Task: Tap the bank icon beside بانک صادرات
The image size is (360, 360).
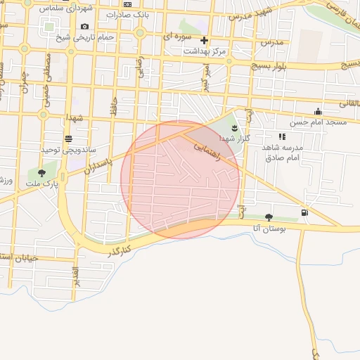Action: click(127, 4)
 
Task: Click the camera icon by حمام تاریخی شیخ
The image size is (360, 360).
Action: click(85, 27)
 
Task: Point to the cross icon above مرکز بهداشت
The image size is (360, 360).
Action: click(205, 40)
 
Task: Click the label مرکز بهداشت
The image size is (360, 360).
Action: click(205, 51)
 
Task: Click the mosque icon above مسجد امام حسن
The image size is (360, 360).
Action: click(318, 111)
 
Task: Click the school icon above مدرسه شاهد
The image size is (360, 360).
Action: click(282, 136)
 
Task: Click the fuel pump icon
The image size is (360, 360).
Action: click(304, 212)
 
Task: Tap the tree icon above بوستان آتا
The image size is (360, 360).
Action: click(269, 217)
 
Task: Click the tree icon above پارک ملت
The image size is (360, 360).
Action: click(41, 172)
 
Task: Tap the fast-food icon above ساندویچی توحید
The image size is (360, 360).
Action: click(68, 139)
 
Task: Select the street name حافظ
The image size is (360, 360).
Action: click(112, 107)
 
